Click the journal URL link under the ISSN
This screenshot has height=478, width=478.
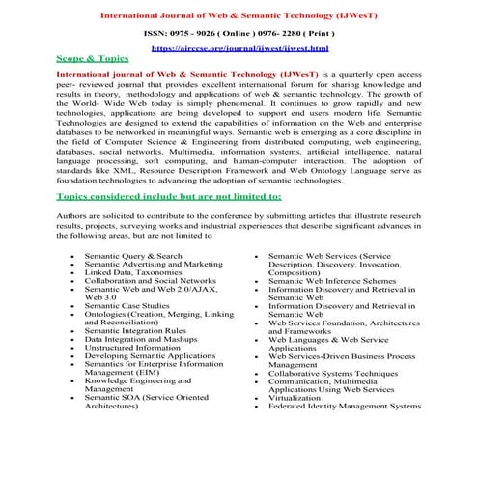pyautogui.click(x=239, y=47)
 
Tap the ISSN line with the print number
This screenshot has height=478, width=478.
pyautogui.click(x=239, y=32)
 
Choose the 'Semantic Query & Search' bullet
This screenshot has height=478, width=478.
pyautogui.click(x=132, y=256)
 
